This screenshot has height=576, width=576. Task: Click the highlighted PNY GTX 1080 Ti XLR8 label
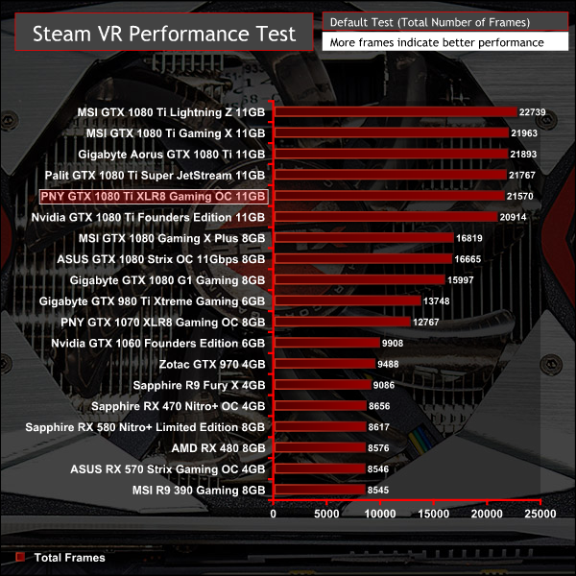(x=153, y=197)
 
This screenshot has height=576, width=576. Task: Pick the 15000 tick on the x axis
(x=435, y=515)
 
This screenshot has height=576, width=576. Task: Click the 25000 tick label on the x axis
(x=540, y=515)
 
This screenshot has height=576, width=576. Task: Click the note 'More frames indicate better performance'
(x=436, y=43)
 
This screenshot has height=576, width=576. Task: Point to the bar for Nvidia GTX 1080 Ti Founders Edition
(x=385, y=217)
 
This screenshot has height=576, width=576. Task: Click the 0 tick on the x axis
(x=275, y=515)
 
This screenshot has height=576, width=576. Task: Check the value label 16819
(x=468, y=238)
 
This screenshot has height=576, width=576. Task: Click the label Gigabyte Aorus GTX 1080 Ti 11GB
(x=173, y=155)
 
